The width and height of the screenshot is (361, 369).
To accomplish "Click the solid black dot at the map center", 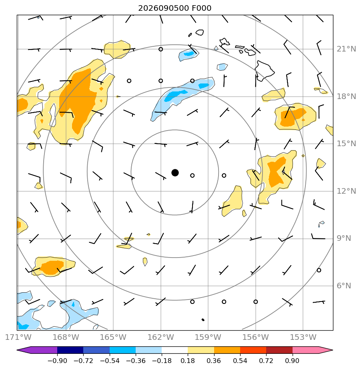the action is tap(175, 173).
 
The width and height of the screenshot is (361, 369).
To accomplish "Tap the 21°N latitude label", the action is tap(346, 49).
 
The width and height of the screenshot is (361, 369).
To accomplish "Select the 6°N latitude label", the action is tap(344, 286).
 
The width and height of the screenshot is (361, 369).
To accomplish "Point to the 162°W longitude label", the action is tap(160, 337).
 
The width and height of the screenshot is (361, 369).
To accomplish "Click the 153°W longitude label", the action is tap(303, 337).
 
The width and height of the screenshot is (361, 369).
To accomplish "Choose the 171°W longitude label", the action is tap(18, 337).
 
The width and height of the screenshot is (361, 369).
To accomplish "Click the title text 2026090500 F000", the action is tap(175, 8).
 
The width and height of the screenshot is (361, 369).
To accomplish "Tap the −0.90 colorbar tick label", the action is tap(57, 361).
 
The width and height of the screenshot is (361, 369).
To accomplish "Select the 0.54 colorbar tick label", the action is tap(240, 361).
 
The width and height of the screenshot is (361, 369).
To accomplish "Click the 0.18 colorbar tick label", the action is tap(188, 361).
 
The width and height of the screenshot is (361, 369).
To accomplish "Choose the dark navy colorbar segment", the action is tap(70, 350).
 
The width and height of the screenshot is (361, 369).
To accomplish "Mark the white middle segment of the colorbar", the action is tap(175, 350).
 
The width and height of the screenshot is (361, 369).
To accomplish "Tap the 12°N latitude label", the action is tap(346, 191).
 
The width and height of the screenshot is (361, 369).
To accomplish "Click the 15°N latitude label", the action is tap(346, 143).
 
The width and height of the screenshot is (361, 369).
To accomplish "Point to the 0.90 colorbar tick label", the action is tap(293, 361).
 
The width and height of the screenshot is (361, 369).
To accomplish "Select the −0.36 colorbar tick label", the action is tap(136, 361).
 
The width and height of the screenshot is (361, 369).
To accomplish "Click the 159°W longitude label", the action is tap(208, 337).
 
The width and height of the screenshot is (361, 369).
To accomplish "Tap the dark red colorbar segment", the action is tap(279, 350).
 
